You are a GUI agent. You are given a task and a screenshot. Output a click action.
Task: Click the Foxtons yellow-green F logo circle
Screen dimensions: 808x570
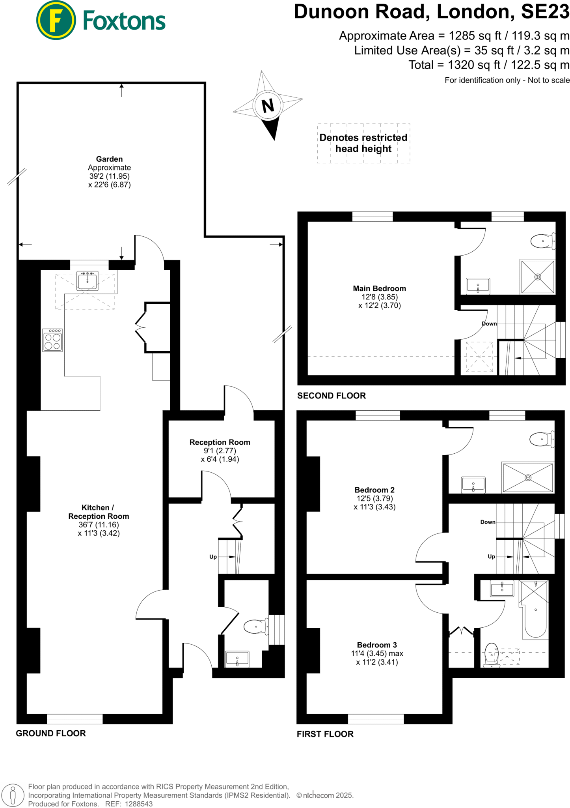pyautogui.click(x=56, y=20)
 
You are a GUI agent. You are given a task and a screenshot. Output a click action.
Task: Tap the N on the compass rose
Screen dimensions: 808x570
pyautogui.click(x=268, y=105)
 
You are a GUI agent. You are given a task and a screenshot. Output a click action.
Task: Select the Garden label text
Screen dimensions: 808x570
pyautogui.click(x=109, y=159)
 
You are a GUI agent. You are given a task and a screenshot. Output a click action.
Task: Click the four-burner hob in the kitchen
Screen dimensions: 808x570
pyautogui.click(x=52, y=340)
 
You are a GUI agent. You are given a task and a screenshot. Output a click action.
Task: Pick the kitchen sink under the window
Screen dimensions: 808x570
pyautogui.click(x=87, y=281)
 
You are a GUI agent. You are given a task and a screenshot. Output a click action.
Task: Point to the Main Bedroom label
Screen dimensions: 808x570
pyautogui.click(x=379, y=288)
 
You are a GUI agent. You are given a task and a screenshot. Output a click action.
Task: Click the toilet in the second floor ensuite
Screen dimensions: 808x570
pyautogui.click(x=542, y=241)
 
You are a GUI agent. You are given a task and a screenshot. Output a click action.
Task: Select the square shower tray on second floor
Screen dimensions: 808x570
pyautogui.click(x=537, y=277)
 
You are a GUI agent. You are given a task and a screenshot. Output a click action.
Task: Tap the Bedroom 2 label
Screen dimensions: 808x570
pyautogui.click(x=374, y=490)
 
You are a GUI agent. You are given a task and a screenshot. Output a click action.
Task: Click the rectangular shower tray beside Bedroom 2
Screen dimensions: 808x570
pyautogui.click(x=528, y=478)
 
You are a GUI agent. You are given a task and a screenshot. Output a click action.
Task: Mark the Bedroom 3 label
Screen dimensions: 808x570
pyautogui.click(x=377, y=645)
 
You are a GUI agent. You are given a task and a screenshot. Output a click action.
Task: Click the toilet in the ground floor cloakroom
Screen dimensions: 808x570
pyautogui.click(x=255, y=626)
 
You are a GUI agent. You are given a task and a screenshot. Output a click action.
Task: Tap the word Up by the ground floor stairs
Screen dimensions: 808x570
pyautogui.click(x=213, y=557)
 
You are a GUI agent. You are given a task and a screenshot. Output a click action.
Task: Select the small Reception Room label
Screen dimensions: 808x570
pyautogui.click(x=220, y=442)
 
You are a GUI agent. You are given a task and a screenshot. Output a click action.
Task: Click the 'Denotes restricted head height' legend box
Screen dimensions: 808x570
pyautogui.click(x=363, y=143)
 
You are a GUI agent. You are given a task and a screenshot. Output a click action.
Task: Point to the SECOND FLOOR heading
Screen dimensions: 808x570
pyautogui.click(x=331, y=396)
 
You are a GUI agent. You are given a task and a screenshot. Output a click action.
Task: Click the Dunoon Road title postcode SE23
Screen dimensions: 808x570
pyautogui.click(x=545, y=12)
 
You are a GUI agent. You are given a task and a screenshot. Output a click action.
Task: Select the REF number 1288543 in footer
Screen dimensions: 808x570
pyautogui.click(x=139, y=804)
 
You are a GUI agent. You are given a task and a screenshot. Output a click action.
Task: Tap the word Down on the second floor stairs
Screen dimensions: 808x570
pyautogui.click(x=489, y=324)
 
